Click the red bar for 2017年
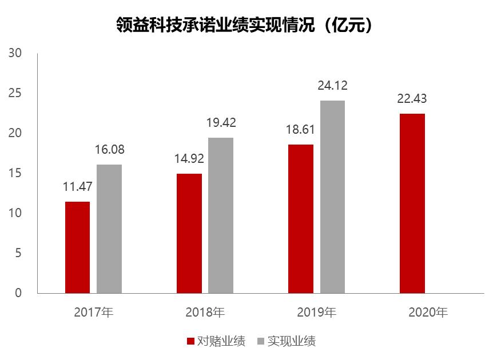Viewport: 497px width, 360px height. (77, 247)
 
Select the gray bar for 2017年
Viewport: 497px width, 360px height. (109, 229)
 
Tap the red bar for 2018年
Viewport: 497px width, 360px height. (189, 233)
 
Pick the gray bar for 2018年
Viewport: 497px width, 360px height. (221, 215)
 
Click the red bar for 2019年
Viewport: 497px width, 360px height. (301, 218)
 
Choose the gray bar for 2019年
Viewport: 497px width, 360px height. (332, 197)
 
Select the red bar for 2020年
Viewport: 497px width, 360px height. (412, 203)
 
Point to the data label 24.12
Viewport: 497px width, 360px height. (332, 86)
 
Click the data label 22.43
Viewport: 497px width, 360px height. (412, 99)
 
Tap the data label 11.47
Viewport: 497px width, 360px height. (77, 187)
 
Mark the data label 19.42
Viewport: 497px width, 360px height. (221, 123)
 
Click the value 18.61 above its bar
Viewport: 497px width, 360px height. (301, 130)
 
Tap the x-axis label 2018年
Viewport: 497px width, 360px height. (205, 313)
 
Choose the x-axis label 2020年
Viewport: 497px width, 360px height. (428, 313)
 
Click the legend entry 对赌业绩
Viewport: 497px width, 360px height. (215, 342)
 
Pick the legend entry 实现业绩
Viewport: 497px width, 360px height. (286, 342)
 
